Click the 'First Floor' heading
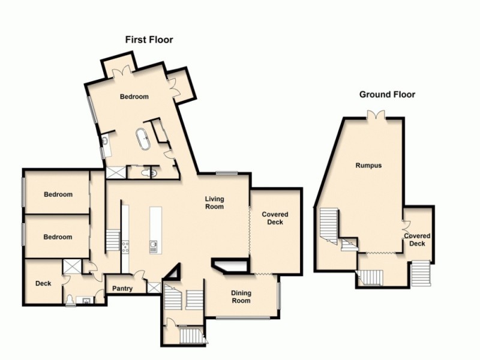coord(149,40)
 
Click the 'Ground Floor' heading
coord(387,94)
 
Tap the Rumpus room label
coord(368,166)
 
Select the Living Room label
coord(214,203)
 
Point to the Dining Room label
coord(241,297)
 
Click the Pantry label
coord(122,289)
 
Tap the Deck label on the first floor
coord(43,283)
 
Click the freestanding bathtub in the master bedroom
coord(144,139)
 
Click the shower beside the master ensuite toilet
coord(115,173)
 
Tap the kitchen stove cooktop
coord(125,247)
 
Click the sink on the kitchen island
coord(154,245)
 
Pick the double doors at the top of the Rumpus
coord(376,114)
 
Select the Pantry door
coord(139,277)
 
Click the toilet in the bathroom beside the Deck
coord(71,299)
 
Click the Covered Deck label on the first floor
coord(275,218)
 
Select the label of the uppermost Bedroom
coord(134,97)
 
